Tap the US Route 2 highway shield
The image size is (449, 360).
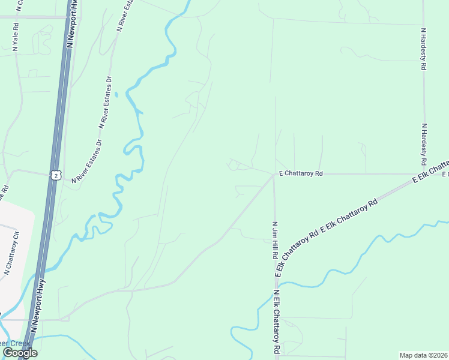55,175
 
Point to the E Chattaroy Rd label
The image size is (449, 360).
300,174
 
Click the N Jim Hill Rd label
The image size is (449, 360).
275,239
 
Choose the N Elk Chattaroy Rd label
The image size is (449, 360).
277,321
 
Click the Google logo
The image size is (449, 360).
20,353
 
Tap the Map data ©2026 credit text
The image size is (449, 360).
423,355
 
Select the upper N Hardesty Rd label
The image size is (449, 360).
423,49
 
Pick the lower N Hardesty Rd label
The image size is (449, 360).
423,144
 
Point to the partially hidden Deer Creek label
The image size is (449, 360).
15,344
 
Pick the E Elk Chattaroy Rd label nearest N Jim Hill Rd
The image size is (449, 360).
296,253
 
